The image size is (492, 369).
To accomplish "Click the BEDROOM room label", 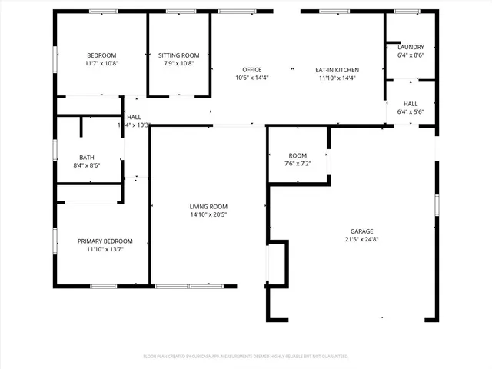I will (x=101, y=55).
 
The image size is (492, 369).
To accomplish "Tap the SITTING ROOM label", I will (x=178, y=55).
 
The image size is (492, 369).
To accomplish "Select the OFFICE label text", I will (x=252, y=70).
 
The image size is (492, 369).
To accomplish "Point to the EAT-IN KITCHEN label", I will (x=337, y=70).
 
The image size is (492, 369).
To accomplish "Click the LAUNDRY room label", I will (x=411, y=47).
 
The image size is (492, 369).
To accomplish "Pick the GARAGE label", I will (x=362, y=231).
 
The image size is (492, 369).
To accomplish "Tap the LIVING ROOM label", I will (x=208, y=206).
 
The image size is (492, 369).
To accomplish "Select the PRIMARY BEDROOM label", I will (x=105, y=241).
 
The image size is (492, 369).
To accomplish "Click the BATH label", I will (x=86, y=157).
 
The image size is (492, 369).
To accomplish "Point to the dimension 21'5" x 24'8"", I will (x=362, y=240).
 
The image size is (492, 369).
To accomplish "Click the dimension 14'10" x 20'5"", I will (x=208, y=214).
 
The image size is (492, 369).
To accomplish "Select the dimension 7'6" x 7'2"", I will (x=298, y=164).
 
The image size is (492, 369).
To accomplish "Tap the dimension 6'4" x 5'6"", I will (x=411, y=111).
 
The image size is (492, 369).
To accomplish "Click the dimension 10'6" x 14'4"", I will (x=252, y=78).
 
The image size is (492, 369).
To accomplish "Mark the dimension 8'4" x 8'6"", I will (x=86, y=165).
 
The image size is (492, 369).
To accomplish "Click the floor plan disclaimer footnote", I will (x=246, y=357).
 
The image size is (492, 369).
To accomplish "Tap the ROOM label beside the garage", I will (x=298, y=156).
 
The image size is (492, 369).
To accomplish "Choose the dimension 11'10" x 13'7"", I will (x=105, y=249).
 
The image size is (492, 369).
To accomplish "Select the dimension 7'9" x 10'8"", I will (x=178, y=63).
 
